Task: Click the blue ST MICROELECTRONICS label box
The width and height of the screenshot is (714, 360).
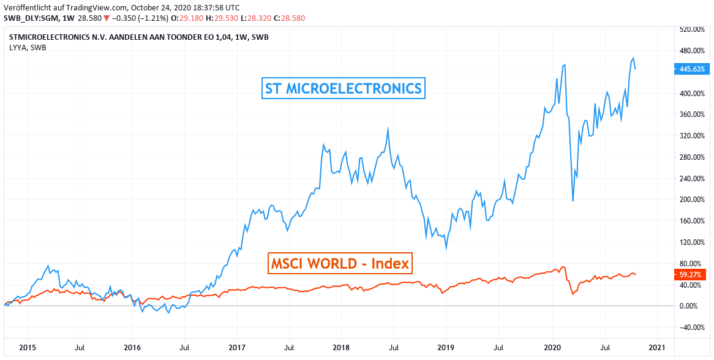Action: tap(343, 89)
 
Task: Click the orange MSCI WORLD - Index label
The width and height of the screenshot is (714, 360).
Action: tap(340, 264)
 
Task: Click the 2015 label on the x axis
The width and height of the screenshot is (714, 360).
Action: tap(27, 347)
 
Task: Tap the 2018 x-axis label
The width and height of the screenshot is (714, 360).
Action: tap(341, 347)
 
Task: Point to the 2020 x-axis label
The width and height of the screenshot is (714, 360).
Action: tap(552, 347)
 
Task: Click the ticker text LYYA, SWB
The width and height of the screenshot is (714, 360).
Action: tap(28, 47)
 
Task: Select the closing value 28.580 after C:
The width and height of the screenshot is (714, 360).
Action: tap(293, 18)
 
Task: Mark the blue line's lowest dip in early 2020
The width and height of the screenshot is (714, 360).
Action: tap(573, 201)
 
